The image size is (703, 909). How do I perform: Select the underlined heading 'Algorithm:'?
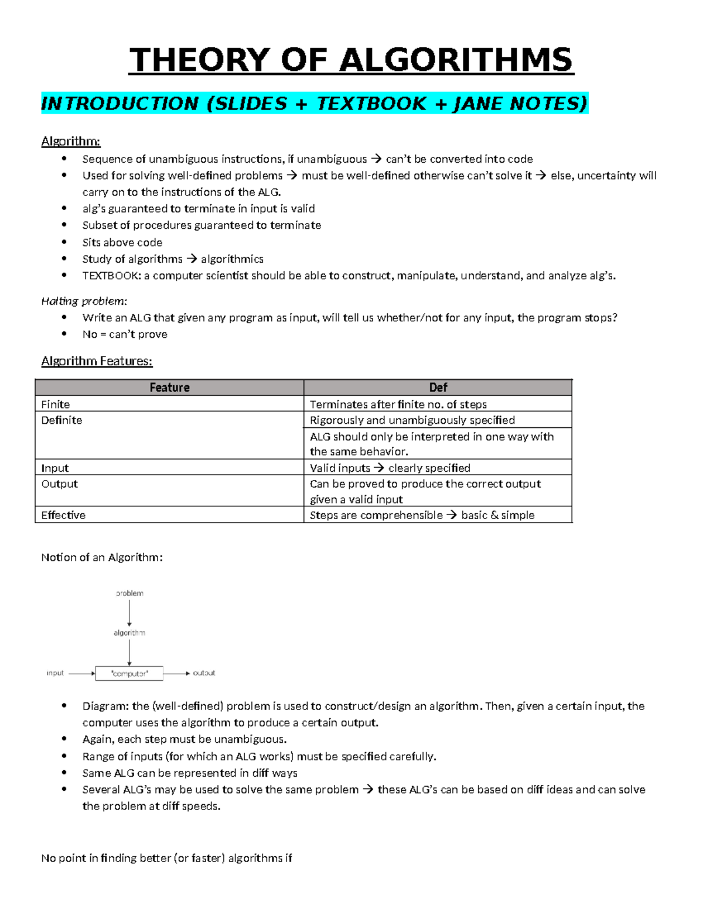pyautogui.click(x=71, y=141)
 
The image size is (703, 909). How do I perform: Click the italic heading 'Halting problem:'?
pyautogui.click(x=84, y=301)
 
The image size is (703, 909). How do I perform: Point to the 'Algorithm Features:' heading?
pyautogui.click(x=97, y=361)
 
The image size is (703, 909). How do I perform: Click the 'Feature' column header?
pyautogui.click(x=169, y=387)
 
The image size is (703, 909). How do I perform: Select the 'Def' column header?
pyautogui.click(x=438, y=387)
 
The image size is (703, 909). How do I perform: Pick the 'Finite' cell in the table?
pyautogui.click(x=56, y=404)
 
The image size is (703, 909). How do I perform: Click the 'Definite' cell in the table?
pyautogui.click(x=62, y=420)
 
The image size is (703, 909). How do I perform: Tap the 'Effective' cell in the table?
pyautogui.click(x=63, y=515)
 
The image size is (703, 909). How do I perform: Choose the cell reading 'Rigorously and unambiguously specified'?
pyautogui.click(x=412, y=420)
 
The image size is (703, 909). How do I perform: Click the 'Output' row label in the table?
pyautogui.click(x=59, y=484)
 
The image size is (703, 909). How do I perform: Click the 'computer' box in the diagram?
pyautogui.click(x=129, y=673)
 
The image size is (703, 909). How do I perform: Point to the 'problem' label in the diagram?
pyautogui.click(x=129, y=593)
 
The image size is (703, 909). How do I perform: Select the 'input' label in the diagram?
pyautogui.click(x=55, y=673)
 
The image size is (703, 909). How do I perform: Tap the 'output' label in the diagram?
pyautogui.click(x=204, y=673)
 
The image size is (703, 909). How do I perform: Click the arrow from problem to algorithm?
pyautogui.click(x=129, y=613)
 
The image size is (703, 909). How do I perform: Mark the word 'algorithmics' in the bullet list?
pyautogui.click(x=232, y=259)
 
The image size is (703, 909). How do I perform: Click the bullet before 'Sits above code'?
pyautogui.click(x=64, y=242)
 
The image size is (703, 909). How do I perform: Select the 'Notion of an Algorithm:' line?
pyautogui.click(x=102, y=557)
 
